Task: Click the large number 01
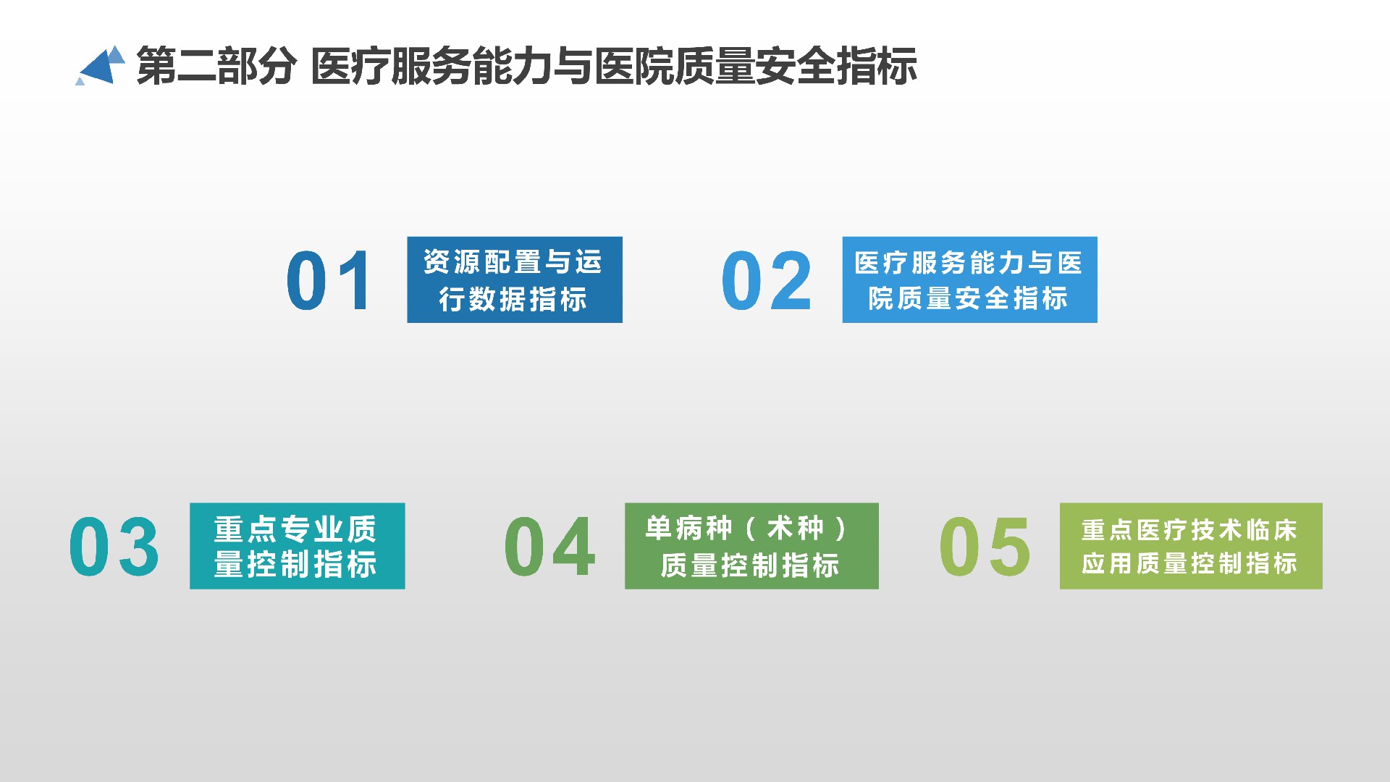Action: tap(329, 281)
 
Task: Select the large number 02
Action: tap(767, 281)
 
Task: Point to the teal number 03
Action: tap(114, 547)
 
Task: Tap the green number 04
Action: tap(550, 547)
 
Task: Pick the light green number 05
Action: tap(985, 547)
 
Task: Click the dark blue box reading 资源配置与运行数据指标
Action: tap(515, 279)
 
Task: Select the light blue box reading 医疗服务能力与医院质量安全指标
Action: tap(969, 279)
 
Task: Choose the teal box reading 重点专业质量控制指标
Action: tap(297, 546)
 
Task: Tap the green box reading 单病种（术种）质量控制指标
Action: tap(751, 546)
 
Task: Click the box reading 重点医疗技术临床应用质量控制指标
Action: tap(1191, 546)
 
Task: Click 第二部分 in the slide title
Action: tap(216, 66)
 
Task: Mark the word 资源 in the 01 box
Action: tap(453, 262)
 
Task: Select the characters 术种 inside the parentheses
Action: tap(796, 529)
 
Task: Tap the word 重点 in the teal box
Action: tap(245, 529)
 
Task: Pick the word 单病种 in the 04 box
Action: tap(689, 529)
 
